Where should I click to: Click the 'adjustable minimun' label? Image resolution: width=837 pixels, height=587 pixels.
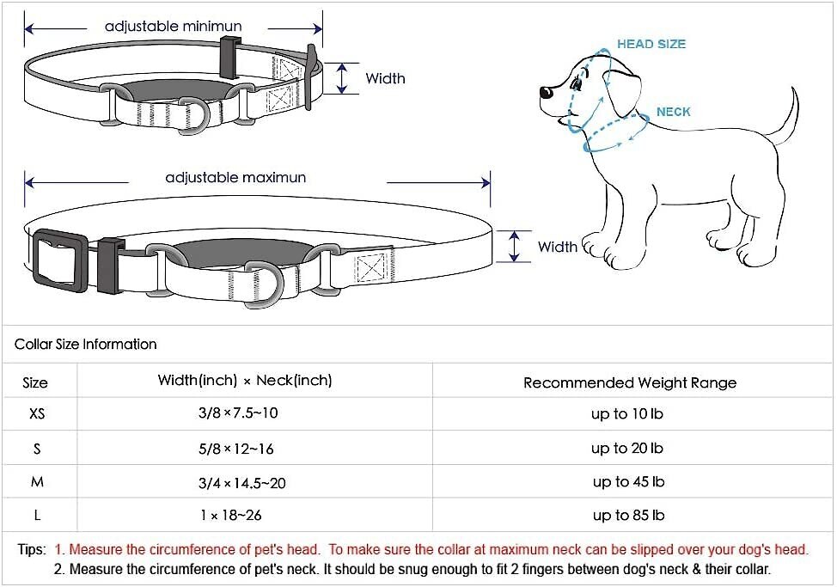[173, 27]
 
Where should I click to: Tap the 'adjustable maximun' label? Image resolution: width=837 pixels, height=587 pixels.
[235, 178]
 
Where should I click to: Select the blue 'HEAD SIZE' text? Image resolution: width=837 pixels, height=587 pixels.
[651, 44]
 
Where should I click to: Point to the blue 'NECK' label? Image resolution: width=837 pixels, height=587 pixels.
[673, 112]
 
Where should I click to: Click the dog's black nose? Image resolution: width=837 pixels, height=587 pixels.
[545, 94]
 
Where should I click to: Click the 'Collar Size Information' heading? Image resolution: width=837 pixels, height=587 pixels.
[86, 345]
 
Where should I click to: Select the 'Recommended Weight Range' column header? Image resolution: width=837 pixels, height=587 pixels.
[630, 382]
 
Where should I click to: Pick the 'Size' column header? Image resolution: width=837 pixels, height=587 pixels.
[35, 382]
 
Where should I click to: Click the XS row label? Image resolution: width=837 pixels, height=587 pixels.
[37, 414]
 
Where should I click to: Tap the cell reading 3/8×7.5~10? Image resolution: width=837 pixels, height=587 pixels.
[238, 413]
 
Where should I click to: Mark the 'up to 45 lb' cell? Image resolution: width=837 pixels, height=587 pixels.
[628, 482]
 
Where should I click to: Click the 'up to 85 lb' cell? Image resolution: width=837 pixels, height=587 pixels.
[627, 516]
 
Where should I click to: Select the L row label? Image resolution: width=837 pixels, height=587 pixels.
[37, 516]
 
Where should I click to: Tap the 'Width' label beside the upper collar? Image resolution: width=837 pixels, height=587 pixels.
[385, 78]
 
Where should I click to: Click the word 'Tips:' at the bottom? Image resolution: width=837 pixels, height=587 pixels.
[33, 549]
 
